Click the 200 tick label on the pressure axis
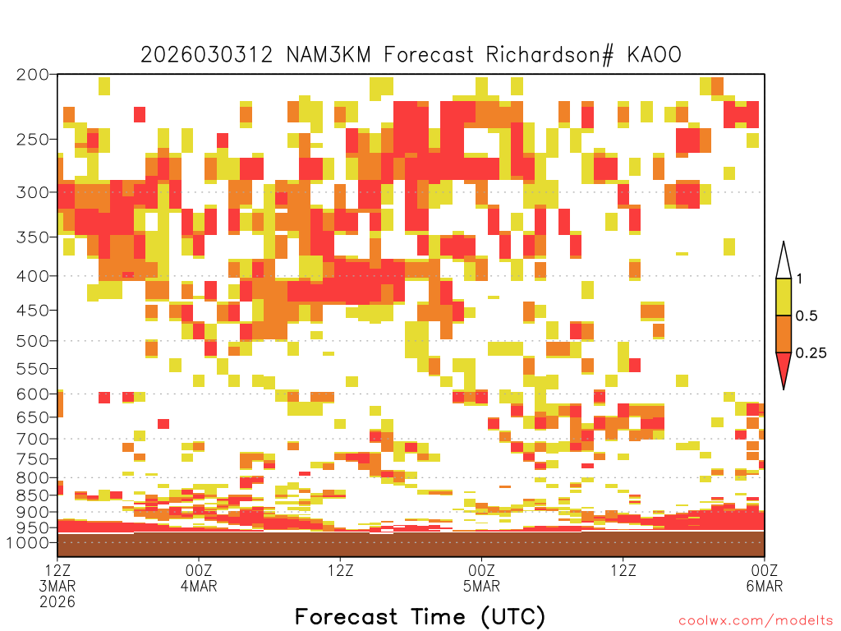pyautogui.click(x=33, y=75)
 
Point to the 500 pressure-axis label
pyautogui.click(x=33, y=341)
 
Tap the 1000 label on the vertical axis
pyautogui.click(x=29, y=542)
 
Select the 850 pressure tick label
pyautogui.click(x=33, y=495)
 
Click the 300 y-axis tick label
pyautogui.click(x=33, y=192)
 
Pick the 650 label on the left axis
pyautogui.click(x=33, y=417)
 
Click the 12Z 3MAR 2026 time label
pyautogui.click(x=57, y=585)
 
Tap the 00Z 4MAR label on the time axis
pyautogui.click(x=199, y=578)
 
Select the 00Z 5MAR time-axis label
pyautogui.click(x=481, y=578)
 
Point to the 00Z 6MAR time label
pyautogui.click(x=765, y=578)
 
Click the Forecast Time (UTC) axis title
pyautogui.click(x=420, y=617)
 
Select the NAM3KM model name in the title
pyautogui.click(x=329, y=55)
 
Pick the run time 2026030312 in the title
pyautogui.click(x=206, y=55)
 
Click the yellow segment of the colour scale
pyautogui.click(x=784, y=297)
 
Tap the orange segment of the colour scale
pyautogui.click(x=784, y=334)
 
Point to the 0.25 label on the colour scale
pyautogui.click(x=811, y=352)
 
